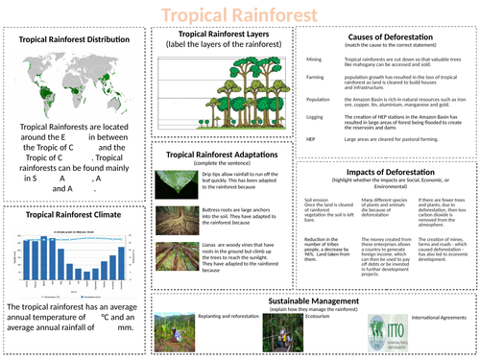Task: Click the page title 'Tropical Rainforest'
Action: pos(239,15)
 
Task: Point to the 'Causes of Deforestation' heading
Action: pos(388,36)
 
